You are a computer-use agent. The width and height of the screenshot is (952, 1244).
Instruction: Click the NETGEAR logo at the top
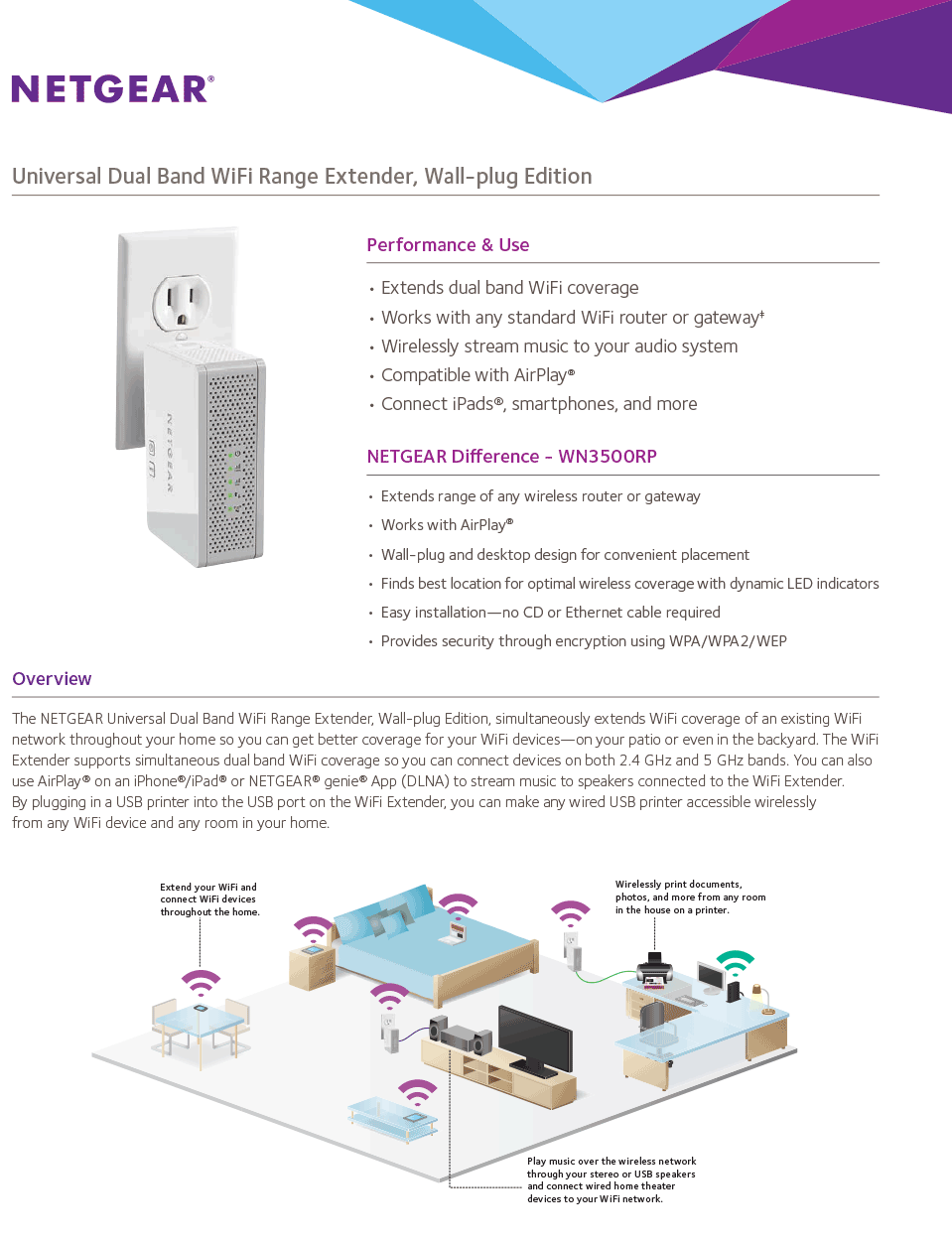pos(112,89)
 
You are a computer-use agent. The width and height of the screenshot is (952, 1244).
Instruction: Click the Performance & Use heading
pos(448,245)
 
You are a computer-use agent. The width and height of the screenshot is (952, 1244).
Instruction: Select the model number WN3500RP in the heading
pos(608,457)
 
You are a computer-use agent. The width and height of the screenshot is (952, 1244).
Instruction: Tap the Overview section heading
pos(52,679)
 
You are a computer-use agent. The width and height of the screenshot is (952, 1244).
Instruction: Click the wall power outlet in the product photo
pos(181,300)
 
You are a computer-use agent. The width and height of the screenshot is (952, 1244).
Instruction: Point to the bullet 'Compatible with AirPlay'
pos(477,375)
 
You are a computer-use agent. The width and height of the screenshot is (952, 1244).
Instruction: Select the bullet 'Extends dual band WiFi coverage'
pos(509,288)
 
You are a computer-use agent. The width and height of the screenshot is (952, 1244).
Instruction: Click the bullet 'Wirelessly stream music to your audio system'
pos(559,346)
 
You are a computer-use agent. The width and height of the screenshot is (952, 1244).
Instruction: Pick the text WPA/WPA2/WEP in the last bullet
pos(728,641)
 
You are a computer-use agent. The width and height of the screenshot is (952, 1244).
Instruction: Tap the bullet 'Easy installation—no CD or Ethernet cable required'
pos(550,613)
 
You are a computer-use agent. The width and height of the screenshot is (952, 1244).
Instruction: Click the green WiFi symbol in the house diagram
pos(735,960)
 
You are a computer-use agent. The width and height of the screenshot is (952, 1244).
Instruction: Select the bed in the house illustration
pos(437,943)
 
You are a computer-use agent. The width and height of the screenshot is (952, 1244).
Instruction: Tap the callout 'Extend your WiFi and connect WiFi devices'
pos(209,899)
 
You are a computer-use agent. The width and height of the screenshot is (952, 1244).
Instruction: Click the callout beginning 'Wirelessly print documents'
pos(690,897)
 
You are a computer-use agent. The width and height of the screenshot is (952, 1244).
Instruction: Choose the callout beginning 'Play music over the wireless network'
pos(611,1179)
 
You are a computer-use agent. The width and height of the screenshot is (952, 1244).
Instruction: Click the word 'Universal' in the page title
pos(57,177)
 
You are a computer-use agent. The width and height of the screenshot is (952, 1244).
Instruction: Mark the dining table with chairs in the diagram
pos(201,1027)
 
